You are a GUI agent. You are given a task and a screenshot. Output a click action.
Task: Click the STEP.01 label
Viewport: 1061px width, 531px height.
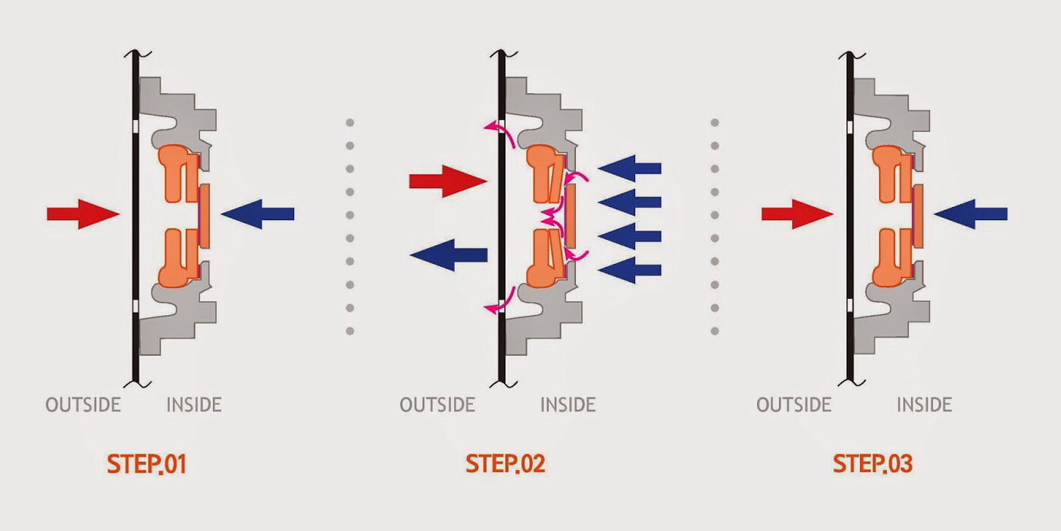click(147, 464)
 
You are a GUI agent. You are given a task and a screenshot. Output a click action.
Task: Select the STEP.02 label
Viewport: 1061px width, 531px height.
click(505, 464)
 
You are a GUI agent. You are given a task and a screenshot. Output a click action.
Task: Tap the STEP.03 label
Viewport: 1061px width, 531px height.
click(872, 464)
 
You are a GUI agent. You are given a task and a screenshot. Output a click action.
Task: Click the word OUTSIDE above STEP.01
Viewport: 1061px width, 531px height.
click(83, 405)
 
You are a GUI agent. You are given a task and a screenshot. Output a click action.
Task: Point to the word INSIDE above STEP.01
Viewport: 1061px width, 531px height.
click(194, 405)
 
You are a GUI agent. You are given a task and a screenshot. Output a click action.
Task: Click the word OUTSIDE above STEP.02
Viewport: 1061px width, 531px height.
click(437, 405)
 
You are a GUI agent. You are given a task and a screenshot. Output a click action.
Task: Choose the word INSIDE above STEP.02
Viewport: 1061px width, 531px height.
click(568, 405)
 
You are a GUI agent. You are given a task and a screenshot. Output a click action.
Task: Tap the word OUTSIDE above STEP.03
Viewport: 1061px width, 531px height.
click(793, 405)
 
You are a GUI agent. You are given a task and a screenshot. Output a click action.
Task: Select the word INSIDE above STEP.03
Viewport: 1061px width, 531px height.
click(925, 405)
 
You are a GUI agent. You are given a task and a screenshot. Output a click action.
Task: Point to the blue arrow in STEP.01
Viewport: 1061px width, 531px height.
click(258, 214)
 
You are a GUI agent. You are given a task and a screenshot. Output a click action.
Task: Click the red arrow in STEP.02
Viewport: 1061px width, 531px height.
click(447, 181)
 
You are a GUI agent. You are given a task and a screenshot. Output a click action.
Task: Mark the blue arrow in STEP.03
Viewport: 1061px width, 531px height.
click(971, 214)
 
